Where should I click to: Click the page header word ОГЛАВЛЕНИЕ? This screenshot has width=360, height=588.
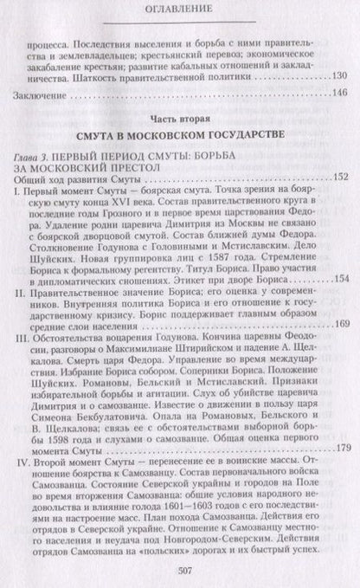[180, 12]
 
